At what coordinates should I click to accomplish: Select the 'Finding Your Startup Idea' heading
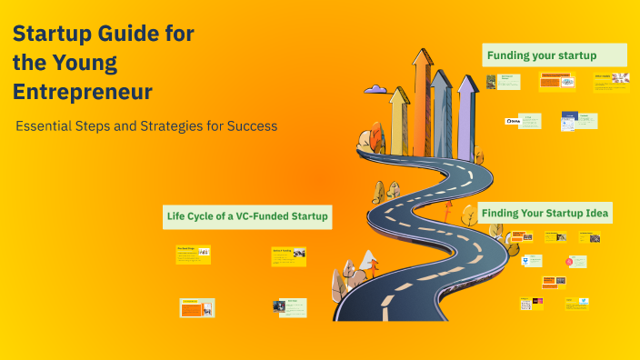coord(545,214)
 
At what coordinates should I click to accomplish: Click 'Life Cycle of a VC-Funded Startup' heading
coord(247,216)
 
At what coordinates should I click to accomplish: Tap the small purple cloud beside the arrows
coord(375,89)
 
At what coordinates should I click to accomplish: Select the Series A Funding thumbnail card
coord(288,256)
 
